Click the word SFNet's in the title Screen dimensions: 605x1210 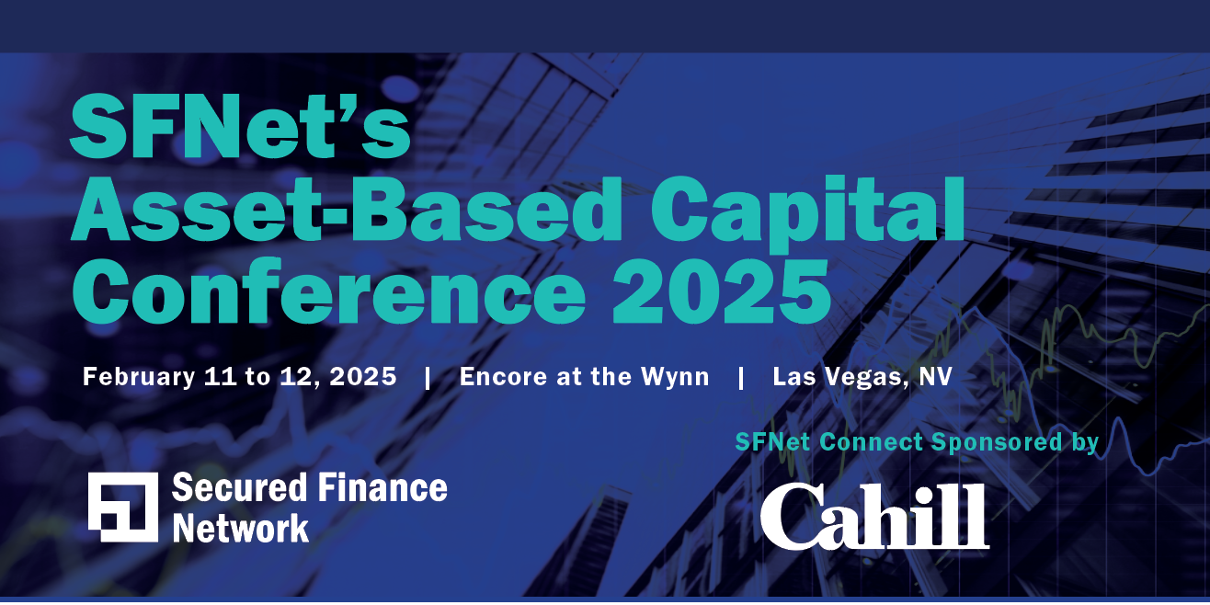pos(240,128)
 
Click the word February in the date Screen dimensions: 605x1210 pos(137,377)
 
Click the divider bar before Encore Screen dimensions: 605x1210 pos(428,377)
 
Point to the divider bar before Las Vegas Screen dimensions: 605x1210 pos(741,377)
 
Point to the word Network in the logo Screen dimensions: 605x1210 pos(241,528)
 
